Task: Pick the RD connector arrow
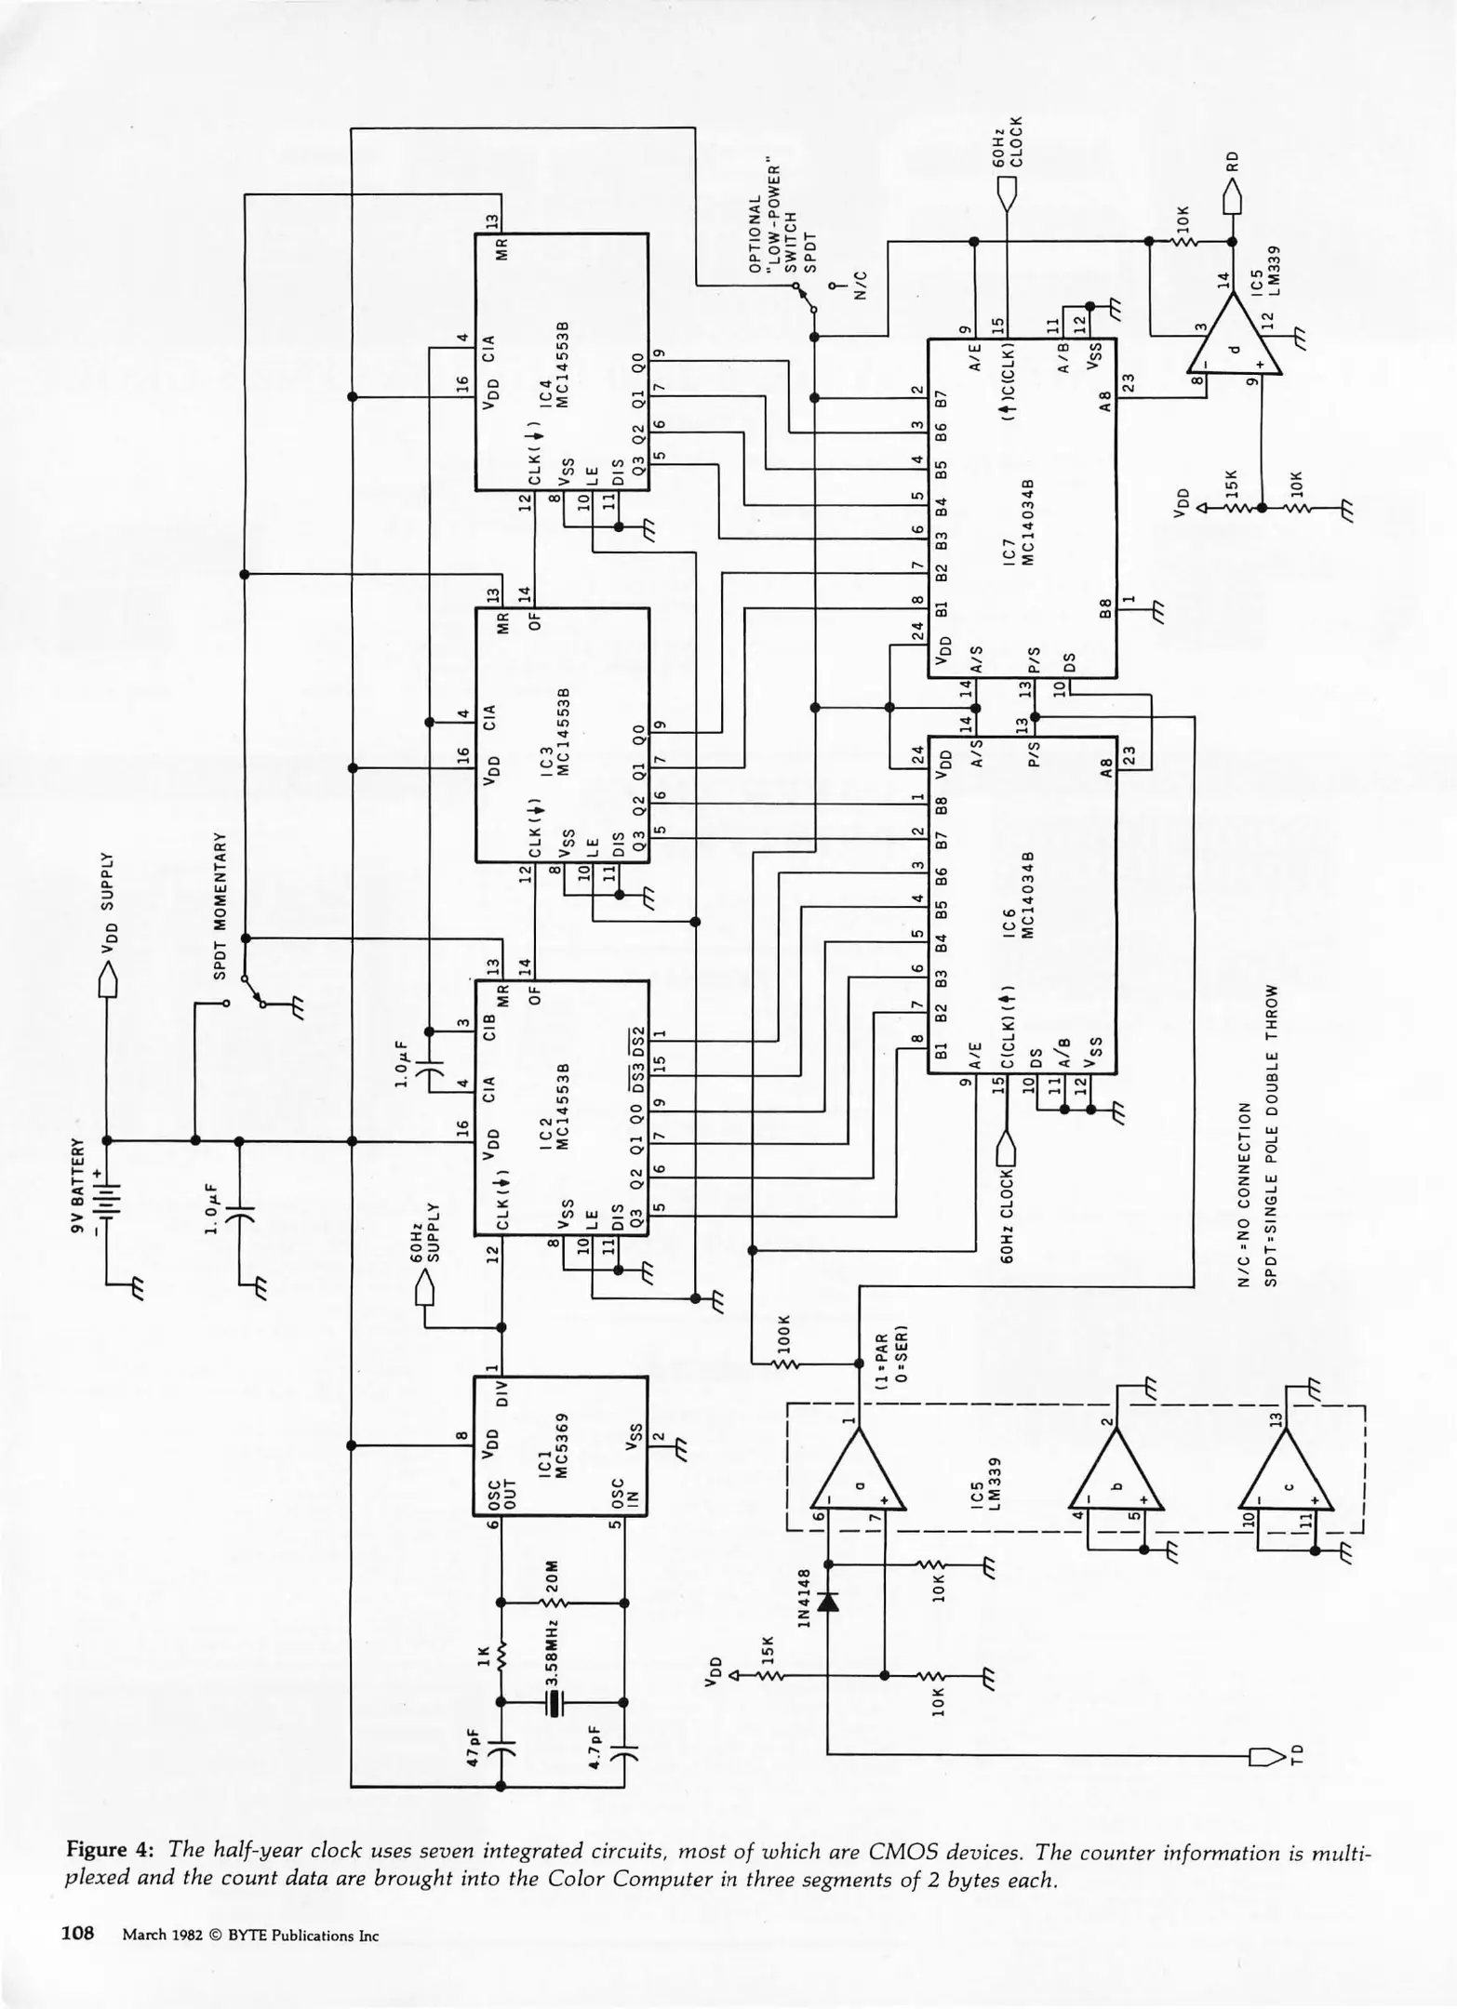pos(1232,197)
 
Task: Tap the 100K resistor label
pos(783,1335)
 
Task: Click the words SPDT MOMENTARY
pos(221,905)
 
